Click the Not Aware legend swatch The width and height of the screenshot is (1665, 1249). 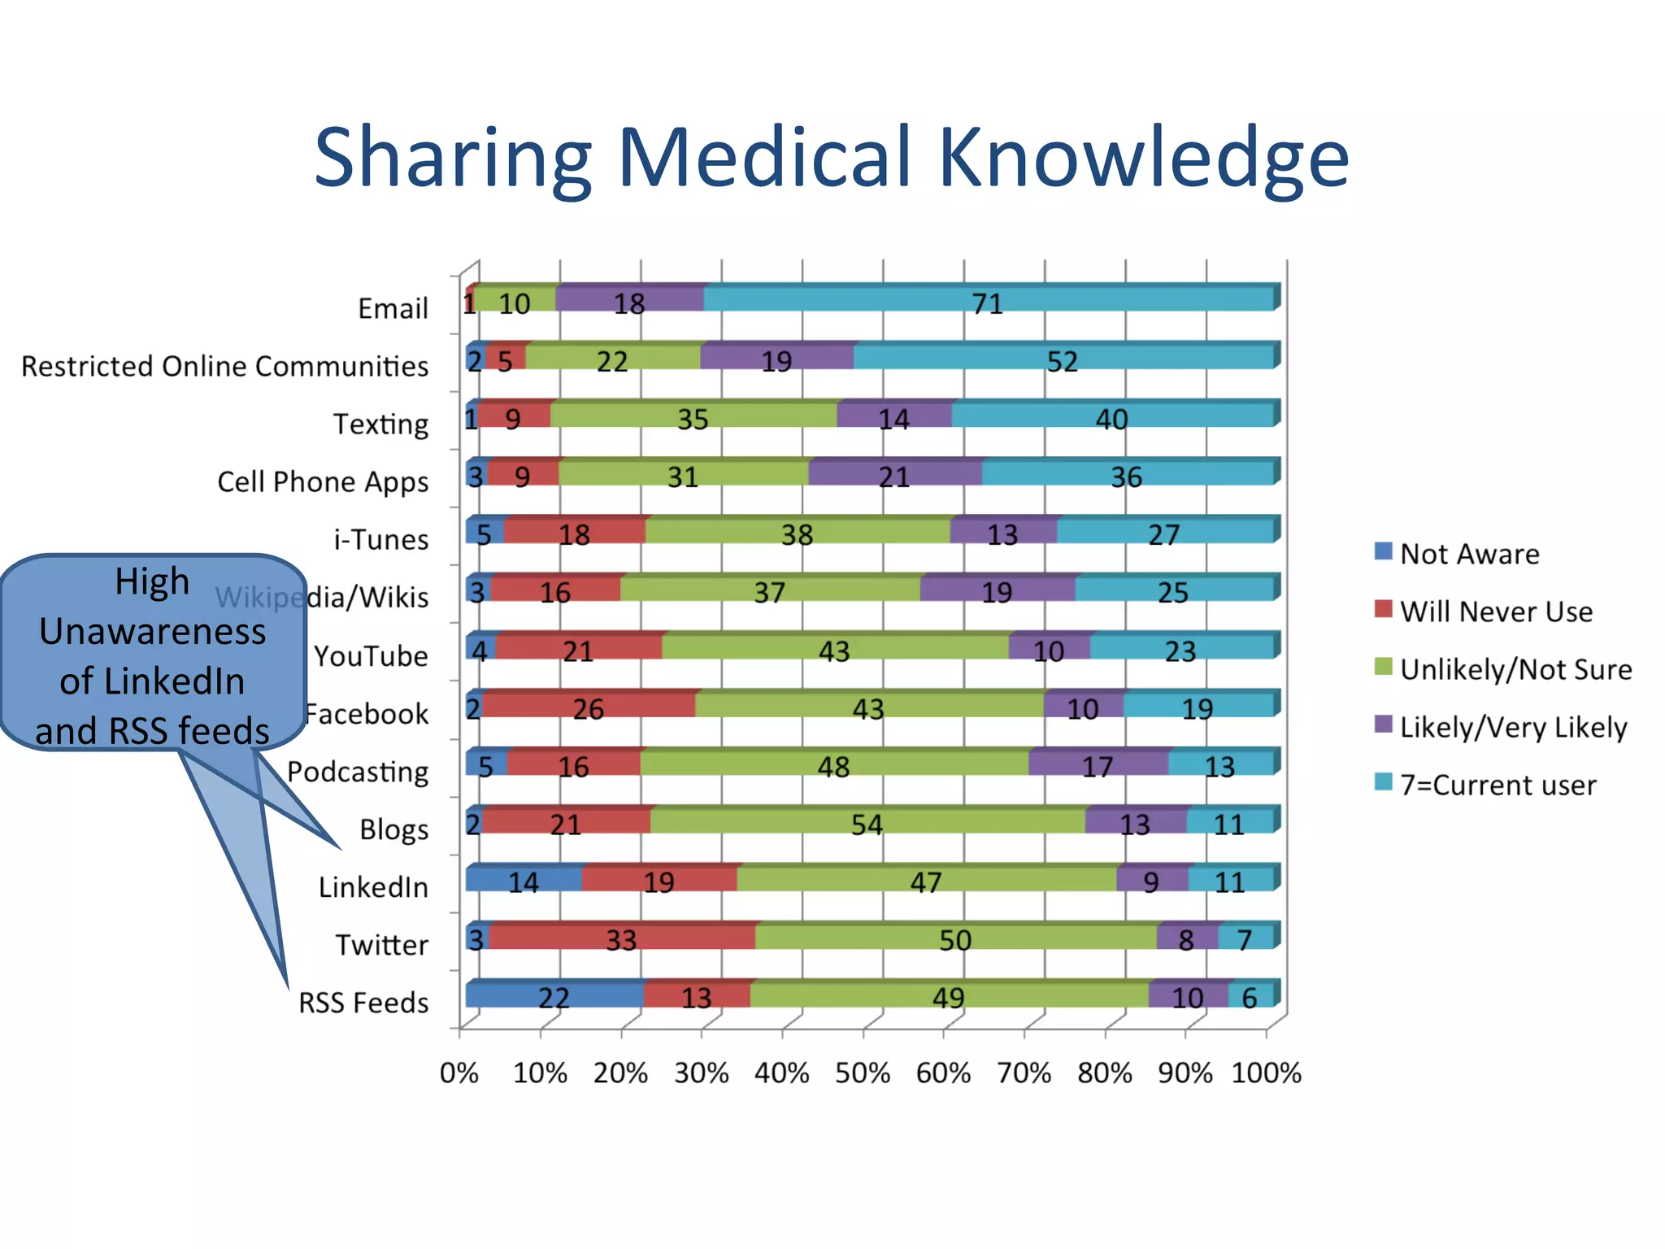pos(1383,552)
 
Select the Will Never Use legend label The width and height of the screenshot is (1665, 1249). pos(1496,611)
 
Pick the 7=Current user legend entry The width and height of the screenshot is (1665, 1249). pos(1498,785)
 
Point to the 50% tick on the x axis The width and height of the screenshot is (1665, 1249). pos(863,1073)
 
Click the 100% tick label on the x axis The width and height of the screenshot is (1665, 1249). pos(1266,1073)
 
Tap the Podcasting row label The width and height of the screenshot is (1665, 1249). pos(358,771)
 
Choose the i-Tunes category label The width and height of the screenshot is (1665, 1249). pos(381,539)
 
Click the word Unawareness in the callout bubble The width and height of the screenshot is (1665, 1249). pos(153,631)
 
